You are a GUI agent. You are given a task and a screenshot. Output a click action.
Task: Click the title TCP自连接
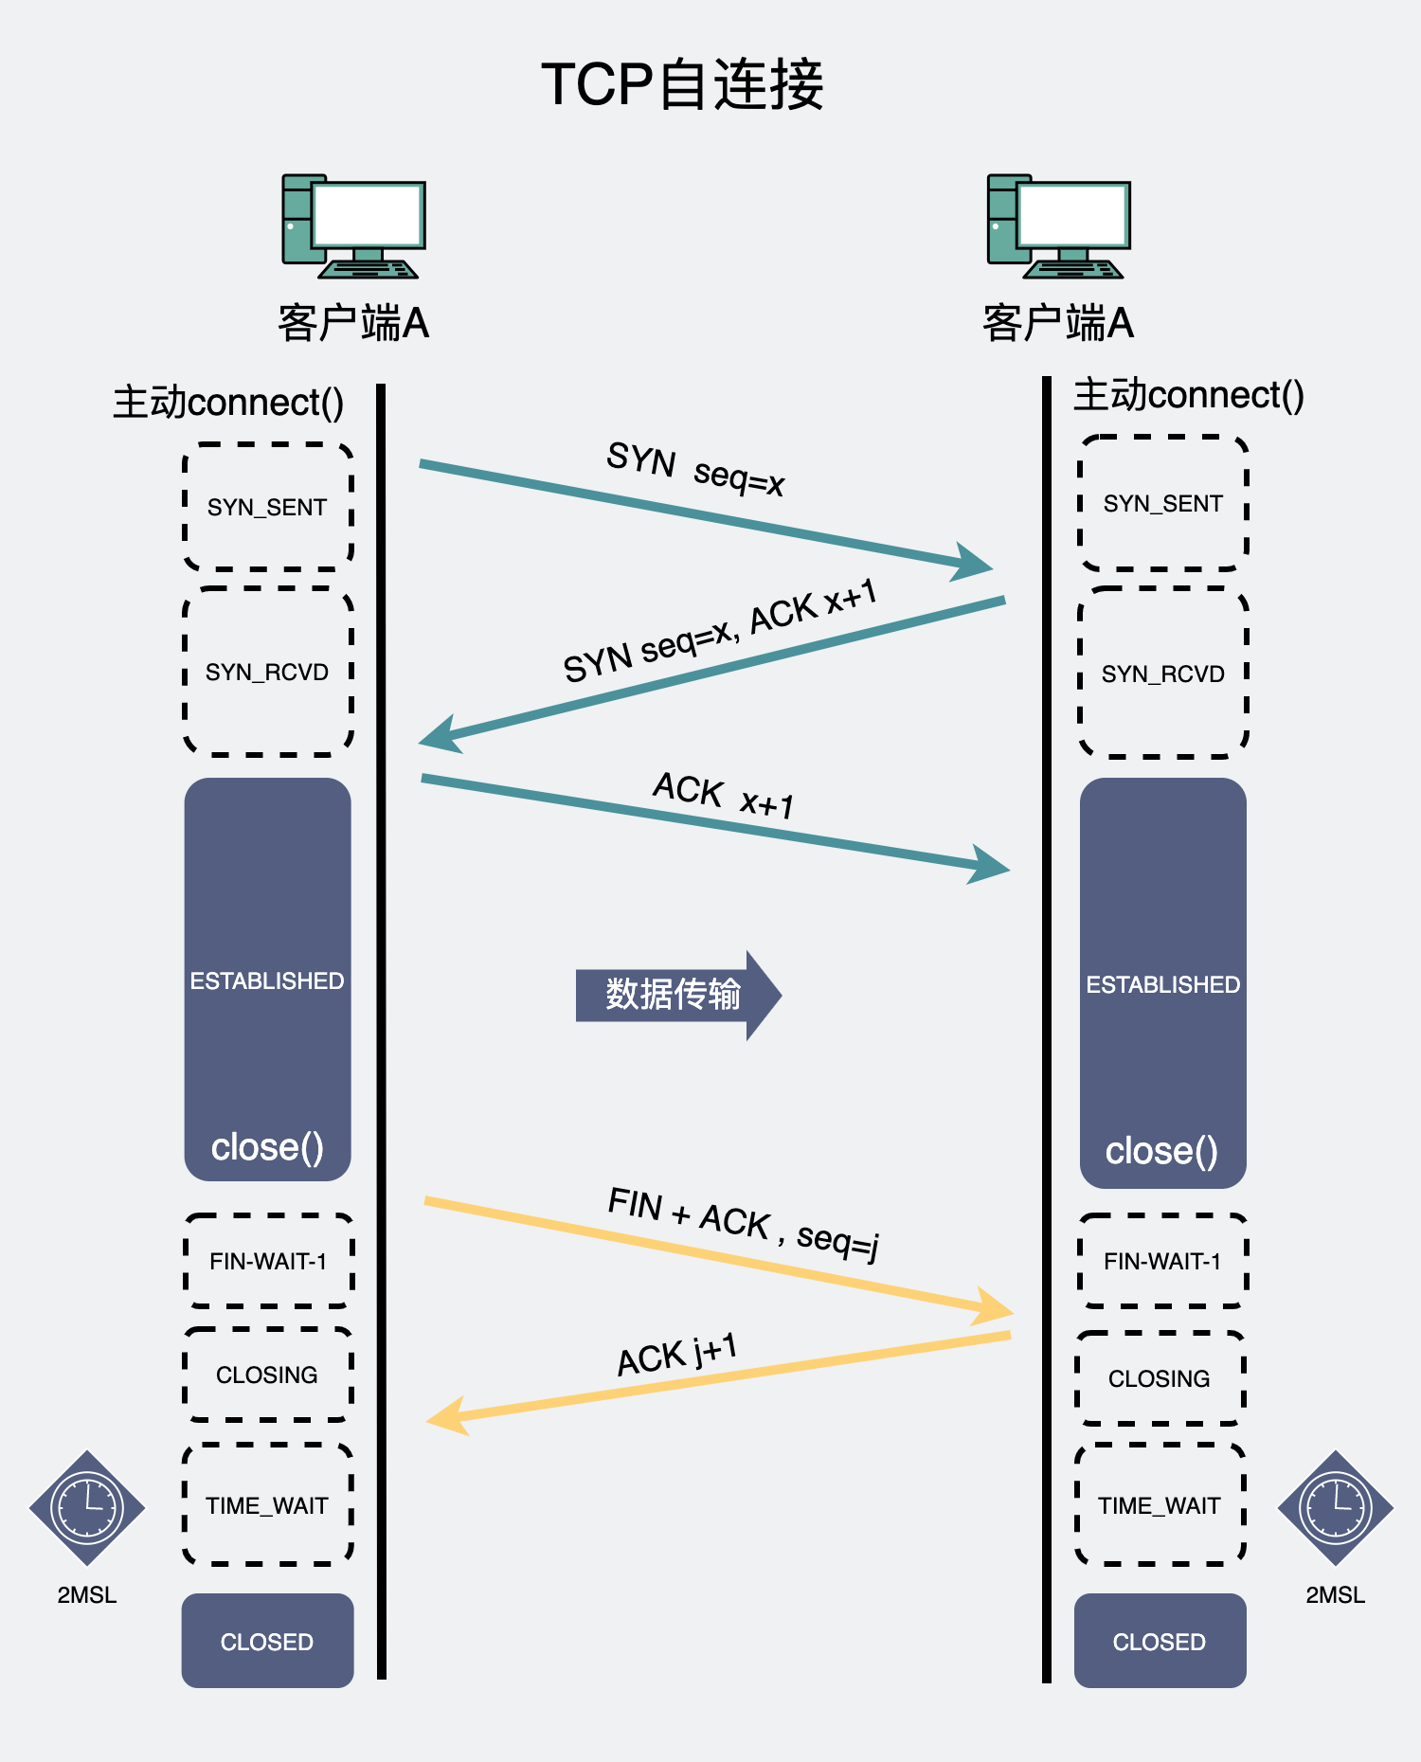tap(682, 84)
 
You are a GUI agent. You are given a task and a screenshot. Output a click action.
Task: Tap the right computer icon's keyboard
tap(1072, 270)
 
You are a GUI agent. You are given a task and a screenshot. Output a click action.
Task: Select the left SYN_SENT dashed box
tap(268, 507)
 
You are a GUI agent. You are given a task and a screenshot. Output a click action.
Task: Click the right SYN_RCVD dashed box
tap(1162, 674)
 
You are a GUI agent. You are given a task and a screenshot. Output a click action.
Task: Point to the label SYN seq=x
tap(695, 468)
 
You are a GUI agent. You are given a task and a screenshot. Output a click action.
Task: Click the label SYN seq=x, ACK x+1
tap(720, 631)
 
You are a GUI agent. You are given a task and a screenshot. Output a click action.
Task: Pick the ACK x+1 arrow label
tap(724, 795)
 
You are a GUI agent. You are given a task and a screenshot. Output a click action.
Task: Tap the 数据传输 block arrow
tap(675, 995)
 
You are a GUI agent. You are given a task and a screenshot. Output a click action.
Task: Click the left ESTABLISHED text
tap(267, 981)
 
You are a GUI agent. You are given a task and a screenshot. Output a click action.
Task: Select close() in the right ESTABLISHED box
tap(1161, 1151)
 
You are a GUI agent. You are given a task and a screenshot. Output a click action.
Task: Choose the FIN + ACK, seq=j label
tap(744, 1223)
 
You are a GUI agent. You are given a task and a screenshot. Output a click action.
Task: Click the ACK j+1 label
tap(676, 1355)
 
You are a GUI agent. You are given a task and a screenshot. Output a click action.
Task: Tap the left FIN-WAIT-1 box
tap(268, 1261)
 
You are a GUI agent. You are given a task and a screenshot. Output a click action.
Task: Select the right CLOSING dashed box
tap(1159, 1378)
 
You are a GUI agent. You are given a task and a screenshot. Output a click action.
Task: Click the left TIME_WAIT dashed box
tap(267, 1505)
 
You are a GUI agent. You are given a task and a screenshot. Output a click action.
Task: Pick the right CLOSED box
tap(1160, 1642)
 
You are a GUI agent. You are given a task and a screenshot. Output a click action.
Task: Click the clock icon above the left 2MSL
tap(87, 1508)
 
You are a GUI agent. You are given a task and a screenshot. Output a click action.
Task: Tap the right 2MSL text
tap(1335, 1595)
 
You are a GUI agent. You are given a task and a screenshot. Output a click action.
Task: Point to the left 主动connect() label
tap(228, 403)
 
